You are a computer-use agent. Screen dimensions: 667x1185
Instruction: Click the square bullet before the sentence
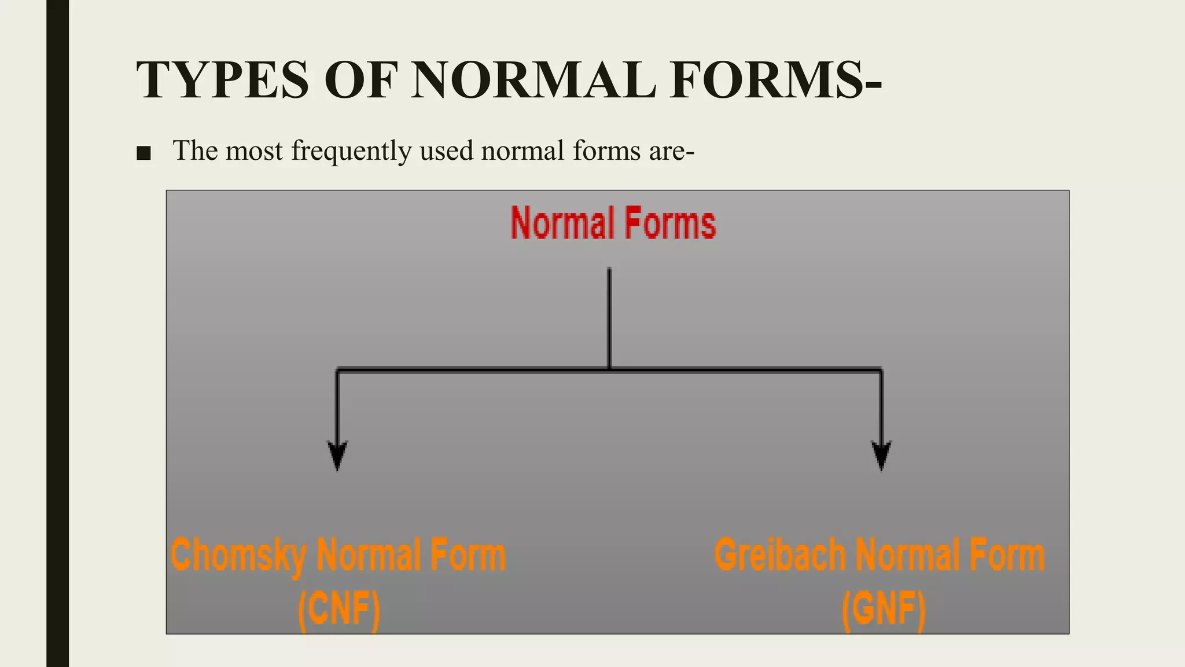coord(143,153)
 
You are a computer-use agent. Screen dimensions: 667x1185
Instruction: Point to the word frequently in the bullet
coord(351,151)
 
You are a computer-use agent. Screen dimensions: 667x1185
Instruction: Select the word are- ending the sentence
coord(671,151)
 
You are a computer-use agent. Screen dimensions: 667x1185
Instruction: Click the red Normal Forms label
coord(613,223)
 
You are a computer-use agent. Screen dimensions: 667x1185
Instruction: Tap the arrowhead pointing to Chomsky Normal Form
coord(337,455)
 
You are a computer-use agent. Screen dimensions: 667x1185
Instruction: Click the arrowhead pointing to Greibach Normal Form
coord(881,455)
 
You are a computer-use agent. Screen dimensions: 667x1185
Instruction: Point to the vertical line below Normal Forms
coord(609,318)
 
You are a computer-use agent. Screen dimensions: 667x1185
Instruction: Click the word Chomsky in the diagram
coord(238,555)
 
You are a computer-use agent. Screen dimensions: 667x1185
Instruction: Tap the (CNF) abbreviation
coord(339,609)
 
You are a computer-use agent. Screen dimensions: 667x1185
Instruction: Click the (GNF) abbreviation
coord(884,609)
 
